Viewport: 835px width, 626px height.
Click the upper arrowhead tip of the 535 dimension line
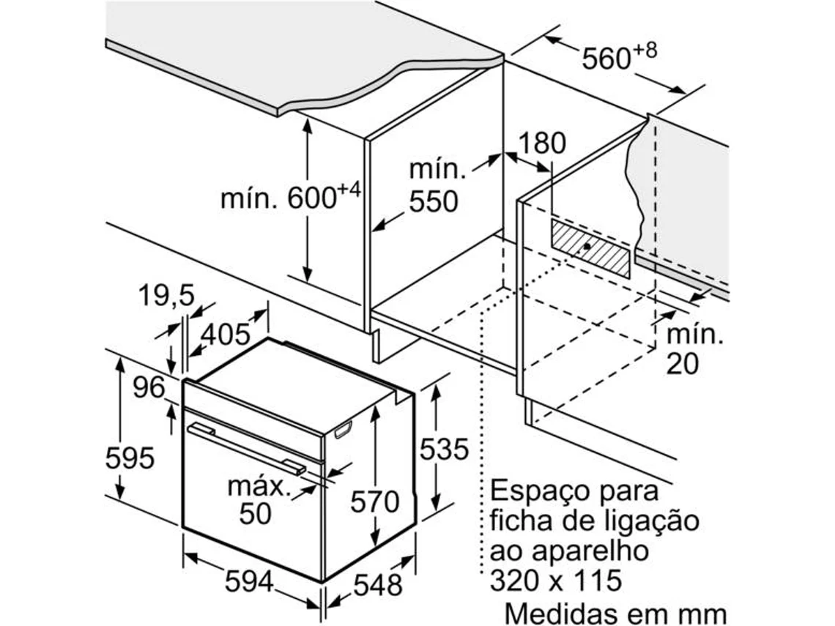point(436,386)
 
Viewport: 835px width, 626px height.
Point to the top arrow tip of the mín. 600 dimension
point(308,118)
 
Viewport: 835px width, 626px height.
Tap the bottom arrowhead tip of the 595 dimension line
point(120,499)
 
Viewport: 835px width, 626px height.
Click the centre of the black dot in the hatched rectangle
point(586,246)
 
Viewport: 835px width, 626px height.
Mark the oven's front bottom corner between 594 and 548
point(323,582)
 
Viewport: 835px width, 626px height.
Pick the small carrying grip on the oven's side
point(344,429)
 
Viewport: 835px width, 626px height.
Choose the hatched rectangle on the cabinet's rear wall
point(590,249)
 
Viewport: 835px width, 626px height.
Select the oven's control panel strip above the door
point(253,420)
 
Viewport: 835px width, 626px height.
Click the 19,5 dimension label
point(166,296)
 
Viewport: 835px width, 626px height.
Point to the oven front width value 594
point(249,581)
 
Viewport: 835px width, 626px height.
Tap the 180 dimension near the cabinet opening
point(542,144)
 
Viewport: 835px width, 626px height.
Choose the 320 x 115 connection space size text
point(555,580)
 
